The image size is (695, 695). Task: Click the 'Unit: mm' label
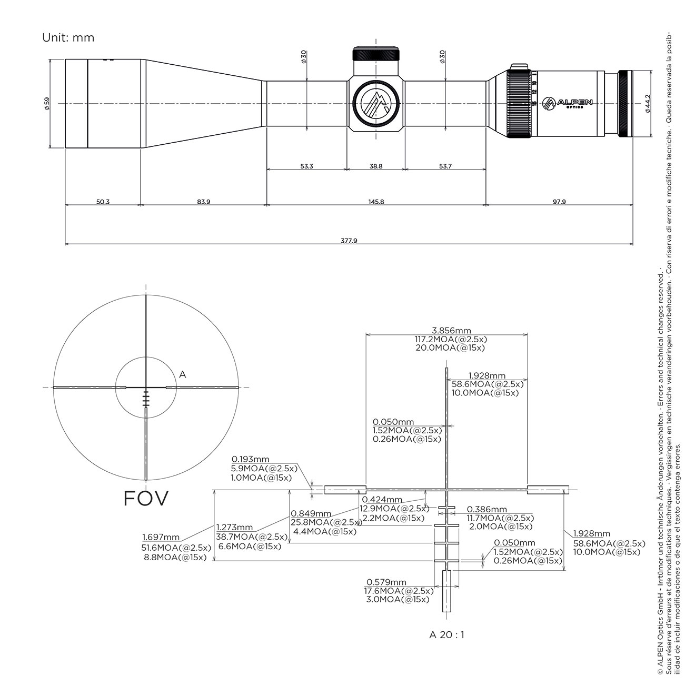[x=68, y=37]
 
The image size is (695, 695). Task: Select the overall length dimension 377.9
[x=349, y=241]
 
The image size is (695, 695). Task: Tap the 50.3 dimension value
[x=103, y=202]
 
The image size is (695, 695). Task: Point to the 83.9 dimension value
[x=203, y=202]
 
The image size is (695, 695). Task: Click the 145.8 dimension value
[x=376, y=202]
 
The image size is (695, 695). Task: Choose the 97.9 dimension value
[x=559, y=202]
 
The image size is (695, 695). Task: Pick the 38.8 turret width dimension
[x=376, y=166]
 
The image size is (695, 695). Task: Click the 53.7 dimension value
[x=445, y=166]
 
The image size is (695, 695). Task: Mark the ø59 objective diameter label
[x=47, y=103]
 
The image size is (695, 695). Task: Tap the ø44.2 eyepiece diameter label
[x=648, y=104]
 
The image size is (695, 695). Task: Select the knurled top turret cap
[x=376, y=54]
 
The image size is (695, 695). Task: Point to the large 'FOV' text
[x=146, y=498]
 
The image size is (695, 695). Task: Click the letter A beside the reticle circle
[x=182, y=374]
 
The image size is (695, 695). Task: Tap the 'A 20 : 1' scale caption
[x=446, y=634]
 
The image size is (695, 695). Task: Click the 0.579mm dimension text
[x=386, y=582]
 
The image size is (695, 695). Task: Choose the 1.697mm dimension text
[x=161, y=537]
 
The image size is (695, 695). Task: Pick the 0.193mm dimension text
[x=250, y=459]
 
